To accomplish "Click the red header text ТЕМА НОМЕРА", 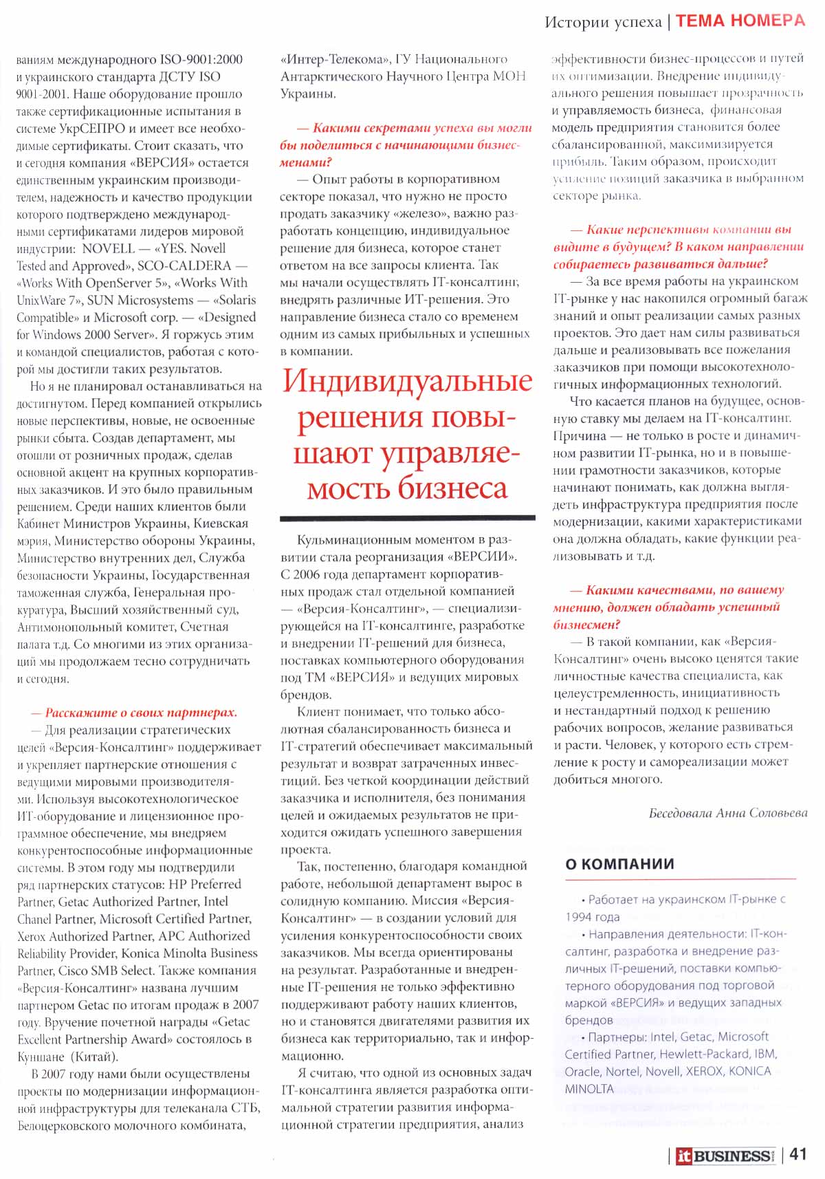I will coord(740,21).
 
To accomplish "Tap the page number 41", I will coord(797,1154).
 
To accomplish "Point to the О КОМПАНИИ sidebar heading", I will coord(619,864).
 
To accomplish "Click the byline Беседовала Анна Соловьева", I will coord(727,813).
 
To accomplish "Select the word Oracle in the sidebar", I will coord(583,1071).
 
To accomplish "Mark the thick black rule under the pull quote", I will coord(407,517).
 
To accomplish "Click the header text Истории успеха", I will coord(603,22).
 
